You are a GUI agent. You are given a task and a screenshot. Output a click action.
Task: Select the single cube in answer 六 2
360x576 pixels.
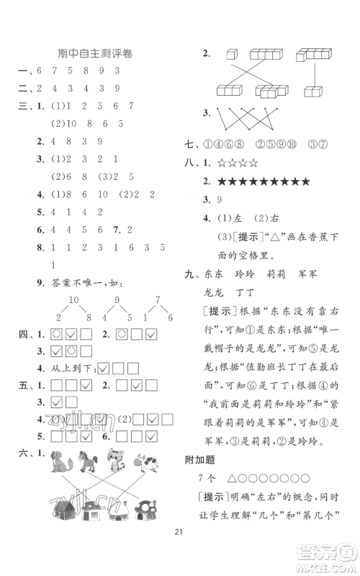(231, 54)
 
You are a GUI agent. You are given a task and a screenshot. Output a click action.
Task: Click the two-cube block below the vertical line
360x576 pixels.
(315, 92)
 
